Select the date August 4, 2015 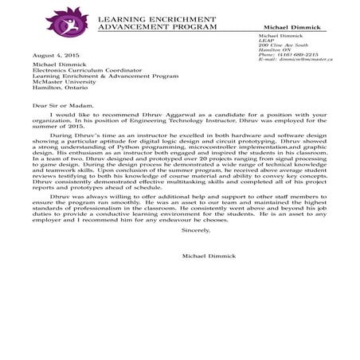(x=50, y=56)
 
